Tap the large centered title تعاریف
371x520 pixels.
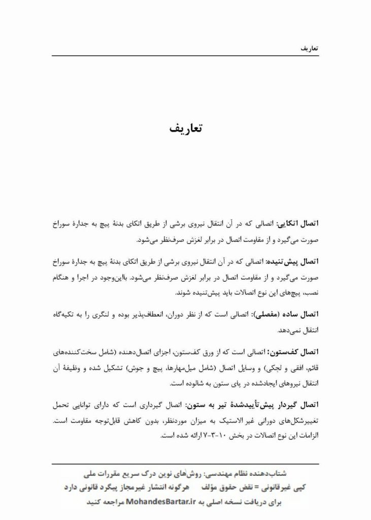[x=185, y=128]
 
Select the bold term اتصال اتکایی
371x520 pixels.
[x=300, y=223]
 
